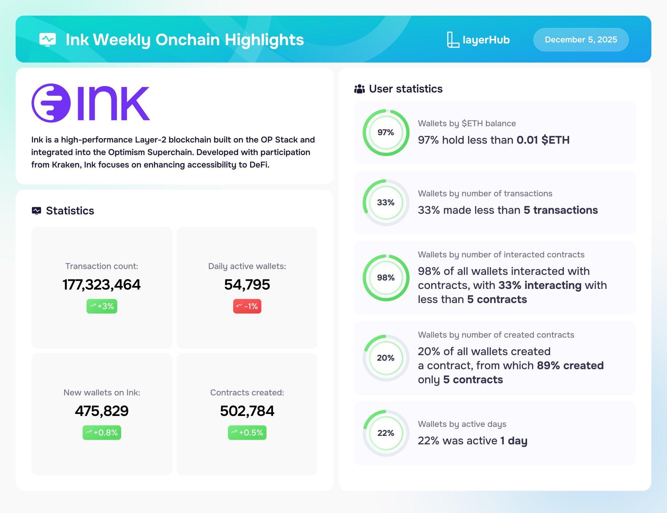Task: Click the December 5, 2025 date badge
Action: [581, 40]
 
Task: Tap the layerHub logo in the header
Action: [478, 40]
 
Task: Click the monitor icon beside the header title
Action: [48, 40]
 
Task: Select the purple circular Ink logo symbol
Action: [51, 103]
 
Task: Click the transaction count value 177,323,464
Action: [102, 285]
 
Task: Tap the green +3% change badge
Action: [102, 306]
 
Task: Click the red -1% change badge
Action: [247, 306]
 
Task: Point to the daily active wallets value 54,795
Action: [247, 285]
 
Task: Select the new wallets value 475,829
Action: [102, 411]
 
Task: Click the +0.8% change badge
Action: [102, 433]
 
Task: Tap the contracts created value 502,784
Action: [247, 411]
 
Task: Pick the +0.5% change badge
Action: [247, 433]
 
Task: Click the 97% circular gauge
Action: [386, 110]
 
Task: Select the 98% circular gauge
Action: [386, 255]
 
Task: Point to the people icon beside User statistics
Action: [360, 89]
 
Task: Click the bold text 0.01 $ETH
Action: [543, 140]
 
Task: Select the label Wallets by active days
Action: [462, 424]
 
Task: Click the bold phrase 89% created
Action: [570, 365]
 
